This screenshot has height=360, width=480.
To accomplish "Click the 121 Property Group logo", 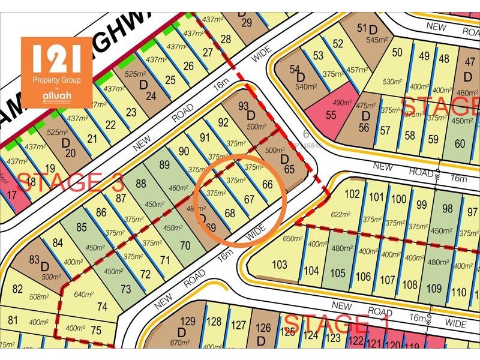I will click(x=57, y=72).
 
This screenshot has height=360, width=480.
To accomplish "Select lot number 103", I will click(x=280, y=265).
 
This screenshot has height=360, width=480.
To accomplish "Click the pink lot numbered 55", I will click(x=331, y=115).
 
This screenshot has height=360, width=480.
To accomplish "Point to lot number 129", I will click(x=188, y=322).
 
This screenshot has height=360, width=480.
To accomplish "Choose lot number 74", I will click(x=102, y=306).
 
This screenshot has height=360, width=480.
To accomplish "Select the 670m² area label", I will click(x=179, y=343).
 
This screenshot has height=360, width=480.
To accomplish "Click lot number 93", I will click(x=244, y=106).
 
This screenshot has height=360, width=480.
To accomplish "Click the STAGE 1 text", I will click(x=336, y=324).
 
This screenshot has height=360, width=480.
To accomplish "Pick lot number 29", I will click(x=245, y=23).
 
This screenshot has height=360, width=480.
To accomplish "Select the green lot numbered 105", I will click(x=338, y=274).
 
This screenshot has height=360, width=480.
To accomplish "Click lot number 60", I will click(x=460, y=143).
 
